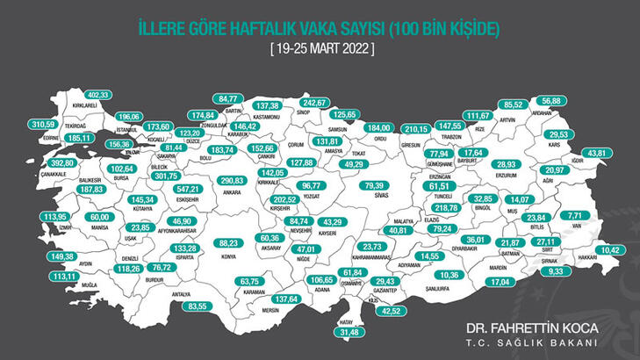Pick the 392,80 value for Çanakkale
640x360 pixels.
tap(37, 163)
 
